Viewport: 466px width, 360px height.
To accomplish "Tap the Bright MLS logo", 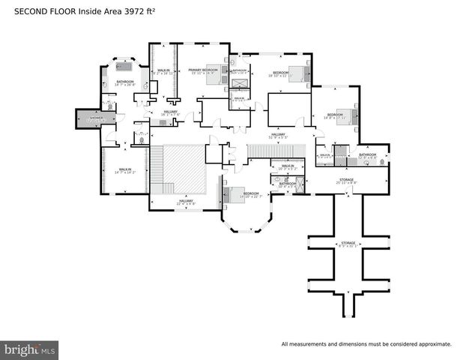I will [30, 349].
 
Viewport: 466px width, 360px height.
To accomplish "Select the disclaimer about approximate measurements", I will [366, 344].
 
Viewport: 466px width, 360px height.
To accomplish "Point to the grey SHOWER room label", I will [95, 118].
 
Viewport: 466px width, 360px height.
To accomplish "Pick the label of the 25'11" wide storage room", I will [347, 180].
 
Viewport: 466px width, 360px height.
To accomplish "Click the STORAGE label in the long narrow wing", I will [348, 244].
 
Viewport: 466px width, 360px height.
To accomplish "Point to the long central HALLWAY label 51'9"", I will [278, 136].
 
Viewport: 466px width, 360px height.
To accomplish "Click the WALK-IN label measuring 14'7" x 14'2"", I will [125, 171].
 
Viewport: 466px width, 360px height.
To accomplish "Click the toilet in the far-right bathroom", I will [383, 160].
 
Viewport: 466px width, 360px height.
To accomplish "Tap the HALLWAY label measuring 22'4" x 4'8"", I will [184, 201].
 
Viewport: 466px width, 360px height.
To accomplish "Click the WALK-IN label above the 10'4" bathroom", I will [288, 167].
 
